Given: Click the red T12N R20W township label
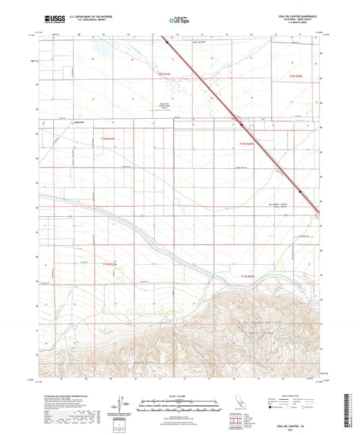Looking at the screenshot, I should (x=245, y=144).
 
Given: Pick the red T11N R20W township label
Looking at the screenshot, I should (x=249, y=276).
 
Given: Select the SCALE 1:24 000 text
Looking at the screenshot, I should (x=180, y=396).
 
